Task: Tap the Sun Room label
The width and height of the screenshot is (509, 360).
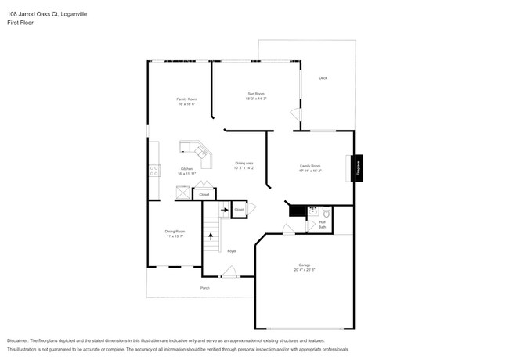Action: (256, 94)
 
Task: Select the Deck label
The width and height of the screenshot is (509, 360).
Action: (323, 78)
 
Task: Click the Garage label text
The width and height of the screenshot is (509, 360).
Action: (304, 265)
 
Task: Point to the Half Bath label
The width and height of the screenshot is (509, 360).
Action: (322, 225)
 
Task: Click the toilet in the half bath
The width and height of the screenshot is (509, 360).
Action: (327, 211)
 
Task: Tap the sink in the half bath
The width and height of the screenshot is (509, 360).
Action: (313, 211)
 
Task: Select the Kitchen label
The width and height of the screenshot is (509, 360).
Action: (186, 169)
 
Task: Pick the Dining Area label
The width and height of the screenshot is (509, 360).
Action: (244, 163)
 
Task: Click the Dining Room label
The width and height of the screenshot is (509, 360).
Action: (175, 232)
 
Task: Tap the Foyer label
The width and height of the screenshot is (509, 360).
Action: (232, 251)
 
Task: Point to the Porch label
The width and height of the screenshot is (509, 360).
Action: (205, 287)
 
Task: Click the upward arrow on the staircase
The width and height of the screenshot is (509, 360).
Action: (210, 236)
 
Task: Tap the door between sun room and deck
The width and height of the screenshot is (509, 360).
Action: (295, 115)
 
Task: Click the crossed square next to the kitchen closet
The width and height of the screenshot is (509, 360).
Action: (182, 193)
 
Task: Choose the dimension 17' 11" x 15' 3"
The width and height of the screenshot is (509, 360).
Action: (310, 171)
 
